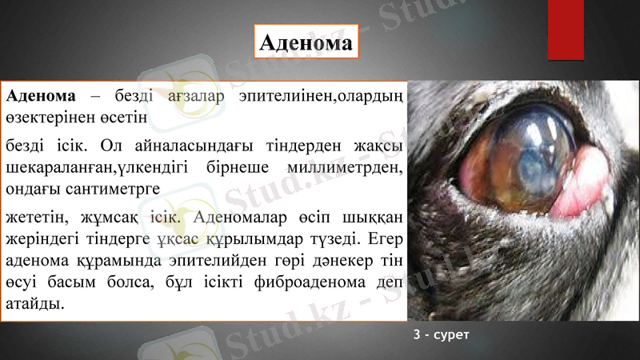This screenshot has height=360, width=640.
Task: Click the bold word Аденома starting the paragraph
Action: tap(41, 96)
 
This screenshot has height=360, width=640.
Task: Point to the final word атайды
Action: tap(34, 305)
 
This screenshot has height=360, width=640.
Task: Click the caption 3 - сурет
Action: tap(441, 333)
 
